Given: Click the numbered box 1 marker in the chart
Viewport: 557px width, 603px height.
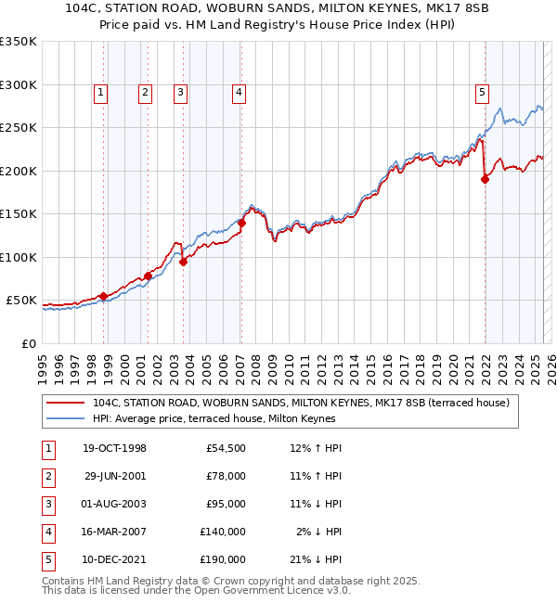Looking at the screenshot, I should pyautogui.click(x=100, y=92).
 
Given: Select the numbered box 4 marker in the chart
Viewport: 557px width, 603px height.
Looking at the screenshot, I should pyautogui.click(x=239, y=92).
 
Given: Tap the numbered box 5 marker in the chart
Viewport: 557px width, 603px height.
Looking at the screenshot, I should pyautogui.click(x=483, y=92).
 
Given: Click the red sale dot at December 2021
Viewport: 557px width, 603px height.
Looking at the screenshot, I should pyautogui.click(x=485, y=180).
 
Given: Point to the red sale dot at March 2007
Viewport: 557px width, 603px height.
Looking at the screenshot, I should pyautogui.click(x=241, y=223).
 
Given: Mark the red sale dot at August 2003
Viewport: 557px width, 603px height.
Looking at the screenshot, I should pyautogui.click(x=183, y=262).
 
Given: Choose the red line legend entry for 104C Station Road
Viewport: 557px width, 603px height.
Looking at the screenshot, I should pyautogui.click(x=301, y=404).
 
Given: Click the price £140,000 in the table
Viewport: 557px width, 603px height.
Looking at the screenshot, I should pyautogui.click(x=223, y=532).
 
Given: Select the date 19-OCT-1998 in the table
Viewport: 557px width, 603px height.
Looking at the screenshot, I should pyautogui.click(x=114, y=449).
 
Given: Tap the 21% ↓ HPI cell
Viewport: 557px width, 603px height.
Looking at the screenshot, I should pyautogui.click(x=316, y=560).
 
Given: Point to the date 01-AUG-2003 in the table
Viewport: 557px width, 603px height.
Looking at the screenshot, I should pyautogui.click(x=114, y=505).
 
